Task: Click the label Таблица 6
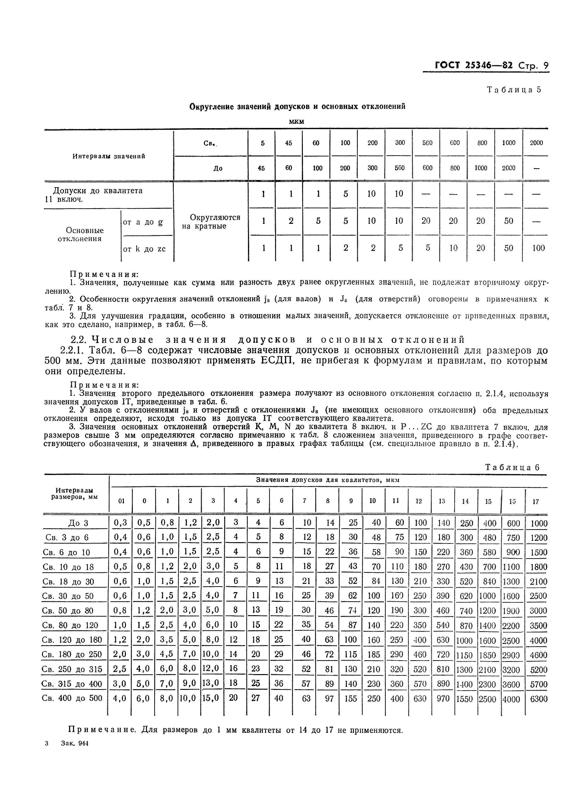512,467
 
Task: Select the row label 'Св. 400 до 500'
72,698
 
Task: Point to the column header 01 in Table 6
121,501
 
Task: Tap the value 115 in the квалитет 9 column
351,654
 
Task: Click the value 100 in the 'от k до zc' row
538,248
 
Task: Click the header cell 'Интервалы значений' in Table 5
109,156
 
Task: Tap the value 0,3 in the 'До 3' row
120,523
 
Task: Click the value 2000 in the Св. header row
536,143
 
